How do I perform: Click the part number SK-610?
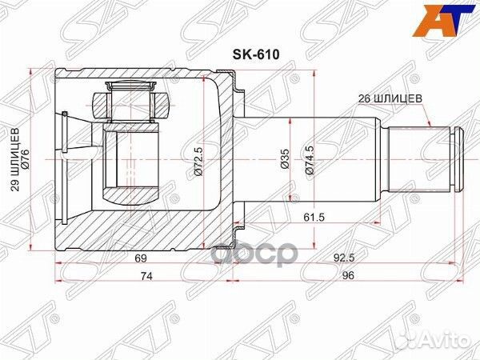pyautogui.click(x=256, y=54)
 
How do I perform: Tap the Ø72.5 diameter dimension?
pyautogui.click(x=198, y=161)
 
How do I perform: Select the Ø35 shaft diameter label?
pyautogui.click(x=284, y=159)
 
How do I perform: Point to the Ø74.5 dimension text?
pyautogui.click(x=310, y=160)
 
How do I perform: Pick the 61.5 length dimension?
pyautogui.click(x=314, y=218)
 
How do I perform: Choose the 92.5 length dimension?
pyautogui.click(x=343, y=258)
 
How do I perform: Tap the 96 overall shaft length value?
pyautogui.click(x=348, y=275)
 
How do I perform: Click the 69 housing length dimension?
pyautogui.click(x=140, y=258)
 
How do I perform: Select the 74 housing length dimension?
pyautogui.click(x=146, y=276)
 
